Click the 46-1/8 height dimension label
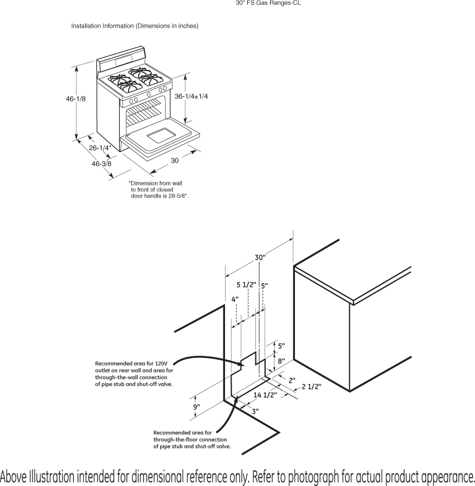76,99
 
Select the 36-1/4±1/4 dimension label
191,96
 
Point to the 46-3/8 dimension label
101,163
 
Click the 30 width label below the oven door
175,161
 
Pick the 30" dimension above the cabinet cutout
260,257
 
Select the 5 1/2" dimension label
247,285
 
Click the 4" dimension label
235,299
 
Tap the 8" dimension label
281,360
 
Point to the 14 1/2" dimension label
265,395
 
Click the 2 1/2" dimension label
312,386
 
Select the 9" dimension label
196,406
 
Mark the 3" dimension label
255,411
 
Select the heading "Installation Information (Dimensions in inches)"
135,26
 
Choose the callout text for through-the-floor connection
192,439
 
